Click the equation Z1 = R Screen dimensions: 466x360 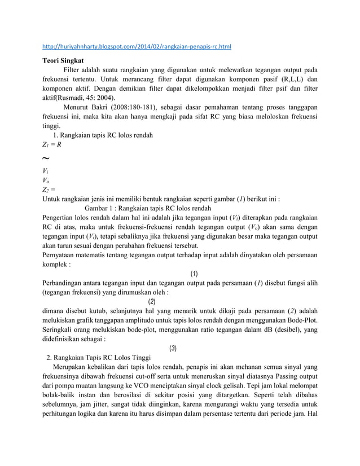point(52,144)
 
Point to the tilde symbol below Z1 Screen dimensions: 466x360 point(47,158)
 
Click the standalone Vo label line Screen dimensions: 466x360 point(47,180)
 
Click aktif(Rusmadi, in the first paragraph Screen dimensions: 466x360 point(68,97)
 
